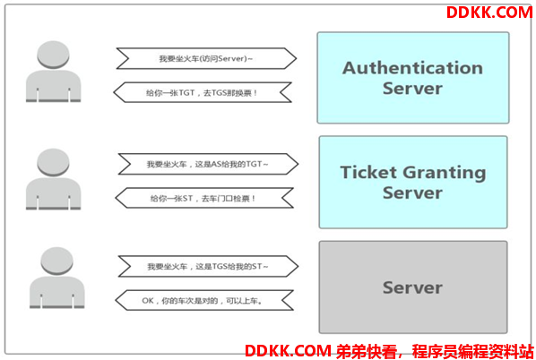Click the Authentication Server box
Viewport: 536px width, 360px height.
pyautogui.click(x=413, y=78)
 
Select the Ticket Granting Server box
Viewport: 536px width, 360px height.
pyautogui.click(x=413, y=183)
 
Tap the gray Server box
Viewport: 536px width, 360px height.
pyautogui.click(x=413, y=287)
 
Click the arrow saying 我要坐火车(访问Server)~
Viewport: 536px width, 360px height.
pyautogui.click(x=206, y=58)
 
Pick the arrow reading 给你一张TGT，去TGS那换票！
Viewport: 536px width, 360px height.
pyautogui.click(x=203, y=92)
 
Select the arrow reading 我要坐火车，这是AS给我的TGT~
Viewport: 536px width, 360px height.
pyautogui.click(x=208, y=164)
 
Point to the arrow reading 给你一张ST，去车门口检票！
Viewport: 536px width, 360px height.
pyautogui.click(x=204, y=198)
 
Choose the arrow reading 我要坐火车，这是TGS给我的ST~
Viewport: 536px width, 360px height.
pyautogui.click(x=208, y=266)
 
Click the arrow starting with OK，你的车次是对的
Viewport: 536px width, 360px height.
pyautogui.click(x=204, y=301)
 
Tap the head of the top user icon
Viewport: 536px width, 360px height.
pyautogui.click(x=53, y=55)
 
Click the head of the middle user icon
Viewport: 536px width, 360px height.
pyautogui.click(x=53, y=162)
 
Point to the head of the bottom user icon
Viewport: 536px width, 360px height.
pyautogui.click(x=56, y=261)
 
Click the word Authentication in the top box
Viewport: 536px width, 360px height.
pyautogui.click(x=412, y=68)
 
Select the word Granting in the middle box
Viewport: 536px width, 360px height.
pyautogui.click(x=445, y=173)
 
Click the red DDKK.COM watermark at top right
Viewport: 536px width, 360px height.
pyautogui.click(x=489, y=13)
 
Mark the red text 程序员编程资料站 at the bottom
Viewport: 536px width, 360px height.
pyautogui.click(x=472, y=351)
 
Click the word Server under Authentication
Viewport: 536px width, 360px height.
pyautogui.click(x=412, y=88)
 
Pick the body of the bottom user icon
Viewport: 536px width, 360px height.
pyautogui.click(x=56, y=292)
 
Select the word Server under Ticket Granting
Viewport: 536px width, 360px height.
pyautogui.click(x=412, y=193)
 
